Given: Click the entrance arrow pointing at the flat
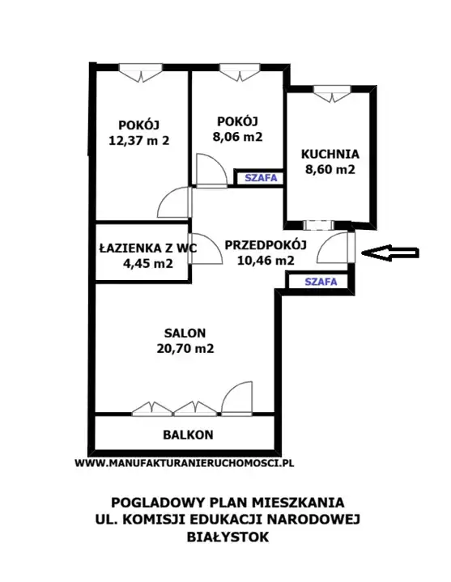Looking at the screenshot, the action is coord(389,253).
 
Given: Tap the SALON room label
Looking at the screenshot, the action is coord(185,333).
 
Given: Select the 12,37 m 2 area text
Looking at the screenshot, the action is coord(138,141).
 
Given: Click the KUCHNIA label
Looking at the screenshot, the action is coord(330,154).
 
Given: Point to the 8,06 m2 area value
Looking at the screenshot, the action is coord(237,137).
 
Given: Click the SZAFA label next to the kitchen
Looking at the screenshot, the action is coord(261,178).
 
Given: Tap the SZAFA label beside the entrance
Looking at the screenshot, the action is coord(321,282).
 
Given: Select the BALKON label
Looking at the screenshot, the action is coord(188,435).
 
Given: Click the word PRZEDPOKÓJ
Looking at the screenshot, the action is coord(266,244).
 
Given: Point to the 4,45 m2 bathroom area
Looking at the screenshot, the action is coord(147,263).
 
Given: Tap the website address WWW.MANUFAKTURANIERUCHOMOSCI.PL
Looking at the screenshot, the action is coord(184,463).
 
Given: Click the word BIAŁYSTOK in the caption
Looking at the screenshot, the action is coord(228,537).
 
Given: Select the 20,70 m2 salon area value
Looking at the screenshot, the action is coord(185,349).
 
